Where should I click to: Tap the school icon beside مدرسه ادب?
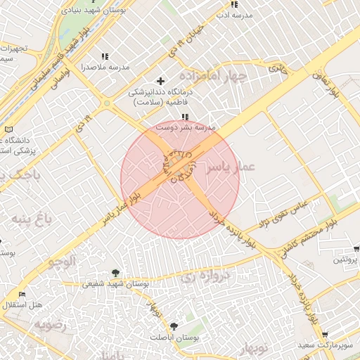coord(234,5)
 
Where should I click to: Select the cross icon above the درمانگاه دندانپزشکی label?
coord(160,82)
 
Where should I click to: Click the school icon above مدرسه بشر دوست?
coord(184,117)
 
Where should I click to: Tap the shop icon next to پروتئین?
coord(356,249)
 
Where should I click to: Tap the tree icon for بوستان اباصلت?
coord(174,326)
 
